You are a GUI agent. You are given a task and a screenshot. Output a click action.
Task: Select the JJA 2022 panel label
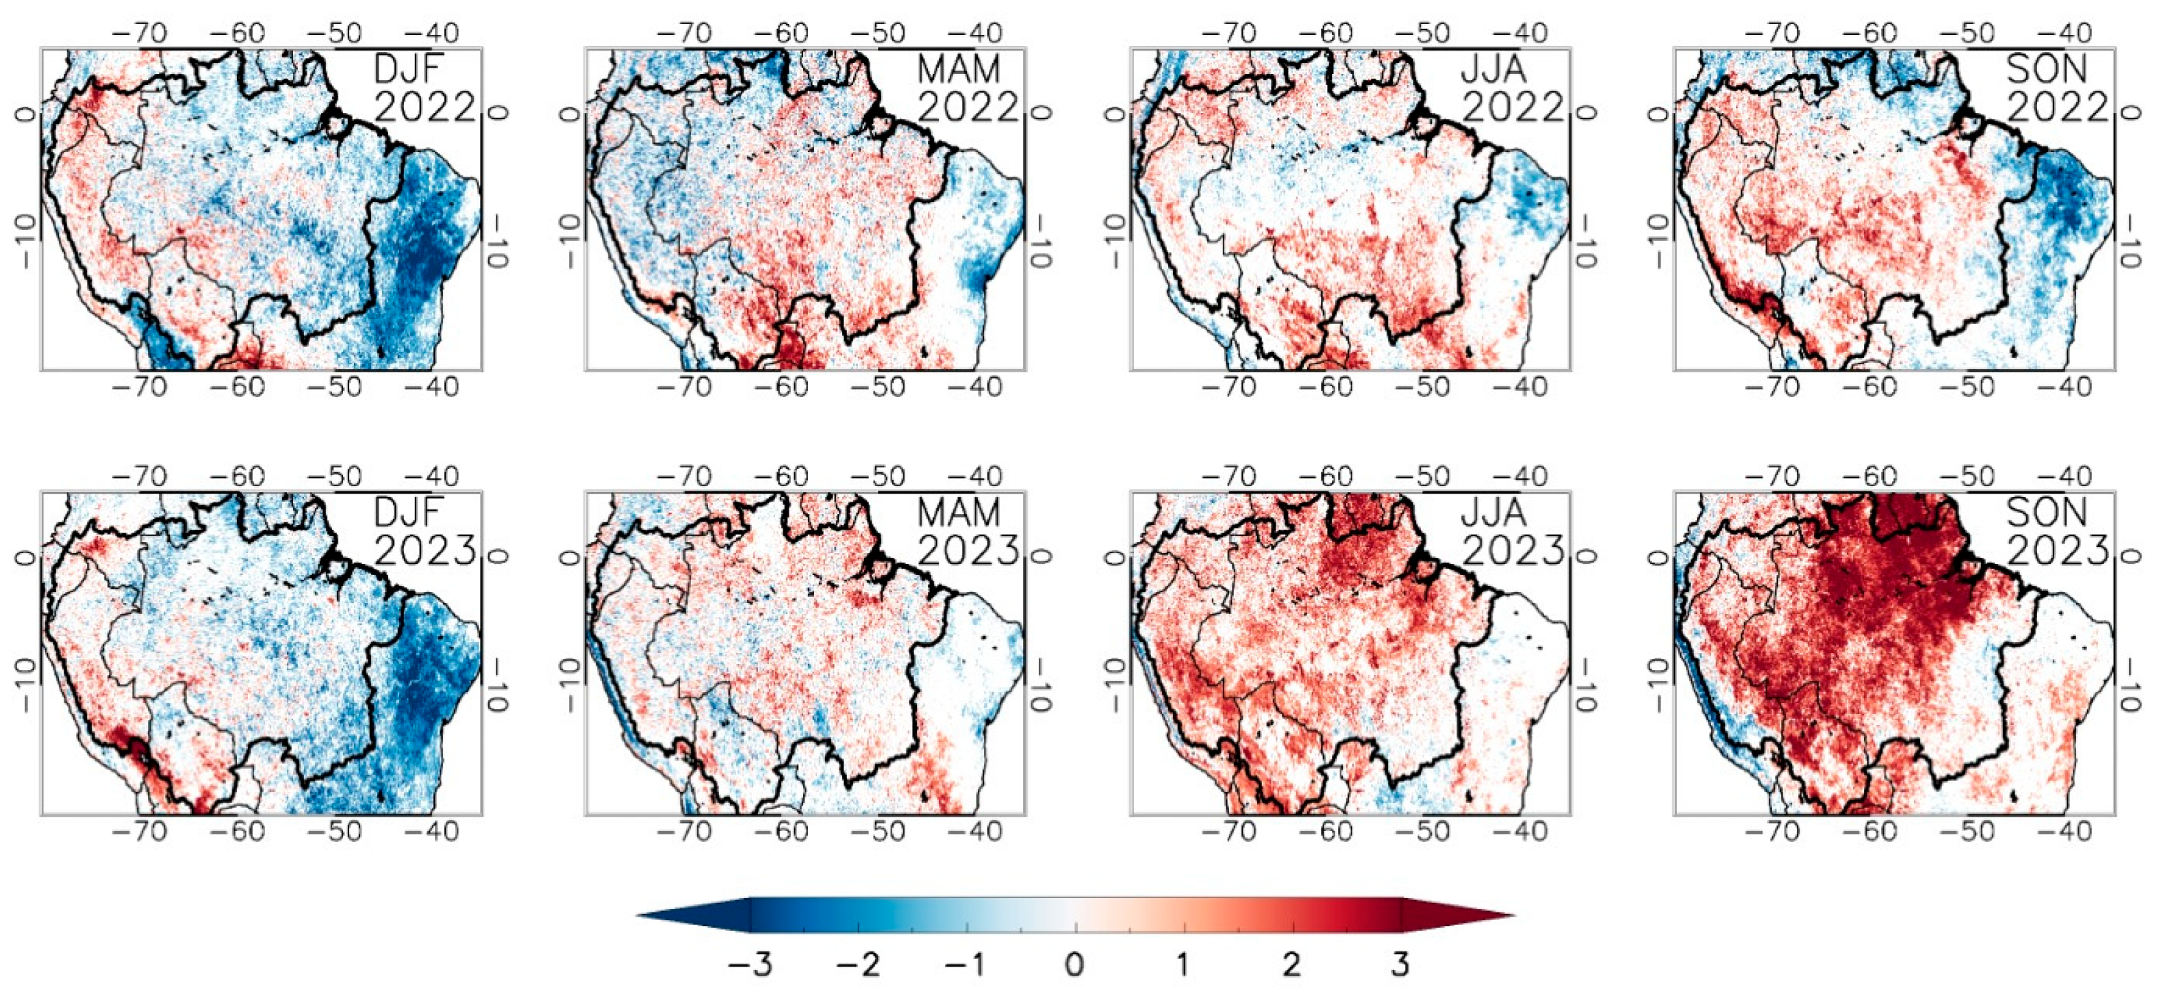point(1513,88)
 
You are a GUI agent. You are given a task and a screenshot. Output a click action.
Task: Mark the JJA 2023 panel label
point(1513,531)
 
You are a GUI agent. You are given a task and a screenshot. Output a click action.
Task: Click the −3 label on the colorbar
point(750,965)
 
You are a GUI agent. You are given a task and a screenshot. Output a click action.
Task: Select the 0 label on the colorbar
point(1075,965)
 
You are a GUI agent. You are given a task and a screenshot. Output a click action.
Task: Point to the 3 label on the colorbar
point(1400,965)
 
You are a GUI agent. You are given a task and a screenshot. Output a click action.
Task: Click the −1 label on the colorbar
point(965,965)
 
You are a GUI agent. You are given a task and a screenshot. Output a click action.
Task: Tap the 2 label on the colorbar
point(1291,965)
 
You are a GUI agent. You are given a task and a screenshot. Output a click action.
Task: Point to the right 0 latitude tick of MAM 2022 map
point(1039,113)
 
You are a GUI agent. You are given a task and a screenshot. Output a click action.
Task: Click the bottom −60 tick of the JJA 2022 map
point(1328,387)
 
